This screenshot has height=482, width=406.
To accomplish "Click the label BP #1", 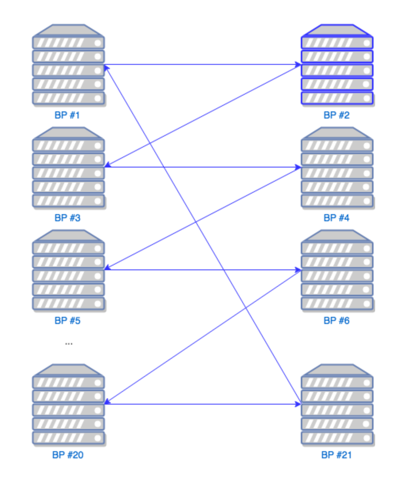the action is pos(67,115).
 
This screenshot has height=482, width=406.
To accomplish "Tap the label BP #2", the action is pos(336,115).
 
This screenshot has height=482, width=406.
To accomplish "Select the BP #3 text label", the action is pos(67,218).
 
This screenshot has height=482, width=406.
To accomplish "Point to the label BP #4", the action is pos(336,218).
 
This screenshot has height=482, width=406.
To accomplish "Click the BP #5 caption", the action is pos(67,320).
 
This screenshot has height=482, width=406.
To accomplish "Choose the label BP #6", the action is pos(336,320).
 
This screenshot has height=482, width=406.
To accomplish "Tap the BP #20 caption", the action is pos(68,455).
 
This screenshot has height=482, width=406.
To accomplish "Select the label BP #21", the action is pos(336,455).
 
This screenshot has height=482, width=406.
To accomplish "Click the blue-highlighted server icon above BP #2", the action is pos(337,64).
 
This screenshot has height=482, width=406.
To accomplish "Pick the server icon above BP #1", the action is pos(68,64).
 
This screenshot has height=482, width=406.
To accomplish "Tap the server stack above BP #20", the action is pos(68,404).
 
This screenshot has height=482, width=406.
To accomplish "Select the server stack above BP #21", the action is pos(337,404).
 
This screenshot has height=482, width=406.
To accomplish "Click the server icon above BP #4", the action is pos(337,167).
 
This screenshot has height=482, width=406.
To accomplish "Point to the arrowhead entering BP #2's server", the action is pos(298,64).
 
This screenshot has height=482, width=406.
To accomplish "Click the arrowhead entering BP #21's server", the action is pos(298,404).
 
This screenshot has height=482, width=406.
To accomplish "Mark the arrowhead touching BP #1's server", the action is pos(107,68).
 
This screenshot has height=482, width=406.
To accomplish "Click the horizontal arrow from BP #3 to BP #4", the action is pos(203,167).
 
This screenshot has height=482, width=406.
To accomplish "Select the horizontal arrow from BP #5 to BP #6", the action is pos(203,270).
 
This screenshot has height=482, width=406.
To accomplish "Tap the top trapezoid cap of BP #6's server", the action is pos(337,235).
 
